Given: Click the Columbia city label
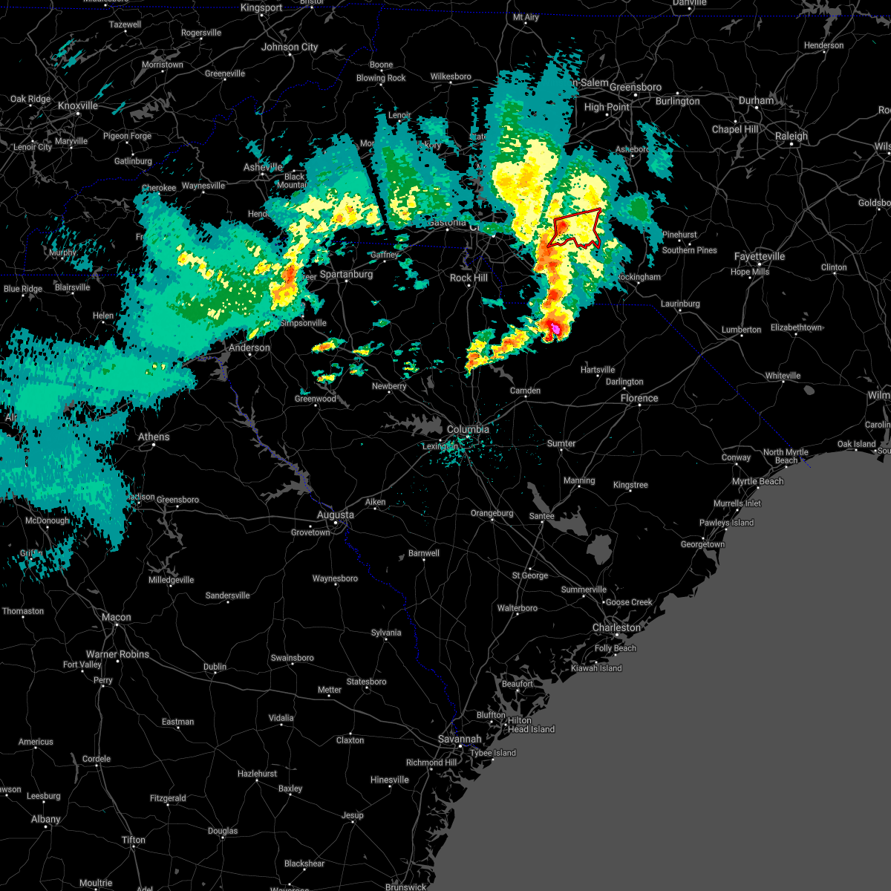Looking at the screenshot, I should coord(468,429).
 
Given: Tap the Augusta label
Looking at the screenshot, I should coord(335,515).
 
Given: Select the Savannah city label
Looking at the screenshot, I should coord(460,739).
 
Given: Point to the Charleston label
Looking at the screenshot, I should coord(616,627).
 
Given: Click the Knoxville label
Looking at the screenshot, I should coord(78,105).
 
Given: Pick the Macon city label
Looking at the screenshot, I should coord(116,617).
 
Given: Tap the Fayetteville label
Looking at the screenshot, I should coord(760,256).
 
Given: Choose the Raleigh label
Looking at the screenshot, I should coord(792,136).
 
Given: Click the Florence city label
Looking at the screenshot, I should coord(639,398).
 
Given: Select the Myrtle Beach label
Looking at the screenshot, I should coord(757,481).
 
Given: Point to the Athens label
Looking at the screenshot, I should coord(154,437).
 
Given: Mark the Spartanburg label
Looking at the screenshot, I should coord(346,274).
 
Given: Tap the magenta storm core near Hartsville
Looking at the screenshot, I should coord(555,327).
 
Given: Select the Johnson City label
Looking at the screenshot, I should coord(290,47).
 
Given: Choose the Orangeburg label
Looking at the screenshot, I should coord(492,513).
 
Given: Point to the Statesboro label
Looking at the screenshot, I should coord(367,682).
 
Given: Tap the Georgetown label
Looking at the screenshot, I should coord(702,544).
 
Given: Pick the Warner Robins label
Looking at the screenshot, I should coord(117,654).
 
